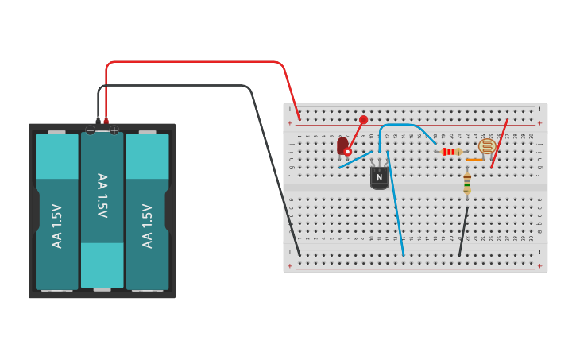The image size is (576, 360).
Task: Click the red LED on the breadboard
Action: click(x=342, y=145)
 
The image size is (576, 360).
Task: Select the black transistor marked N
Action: click(x=379, y=176)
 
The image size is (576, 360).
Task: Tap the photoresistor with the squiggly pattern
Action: click(x=487, y=145)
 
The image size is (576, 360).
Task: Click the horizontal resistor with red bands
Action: click(x=451, y=151)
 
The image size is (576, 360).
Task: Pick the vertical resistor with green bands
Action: click(x=466, y=184)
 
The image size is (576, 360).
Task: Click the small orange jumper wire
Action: click(x=474, y=160)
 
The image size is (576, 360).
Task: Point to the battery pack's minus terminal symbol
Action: click(x=90, y=130)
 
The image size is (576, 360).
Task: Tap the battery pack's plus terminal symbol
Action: click(x=114, y=130)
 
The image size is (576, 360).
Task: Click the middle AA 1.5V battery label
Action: click(x=102, y=195)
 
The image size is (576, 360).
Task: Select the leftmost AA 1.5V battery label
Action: click(x=56, y=226)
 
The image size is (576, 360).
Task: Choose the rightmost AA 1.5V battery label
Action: click(x=147, y=226)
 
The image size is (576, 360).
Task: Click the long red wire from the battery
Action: click(x=199, y=62)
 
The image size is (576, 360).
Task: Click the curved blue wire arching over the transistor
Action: click(x=401, y=125)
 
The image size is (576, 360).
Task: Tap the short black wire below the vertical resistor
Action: click(x=462, y=232)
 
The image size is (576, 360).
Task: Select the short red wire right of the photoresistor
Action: click(x=500, y=144)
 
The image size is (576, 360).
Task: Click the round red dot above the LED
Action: click(x=363, y=120)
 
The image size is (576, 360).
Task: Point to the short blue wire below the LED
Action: click(x=355, y=160)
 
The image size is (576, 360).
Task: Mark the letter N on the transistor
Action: click(x=379, y=177)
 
